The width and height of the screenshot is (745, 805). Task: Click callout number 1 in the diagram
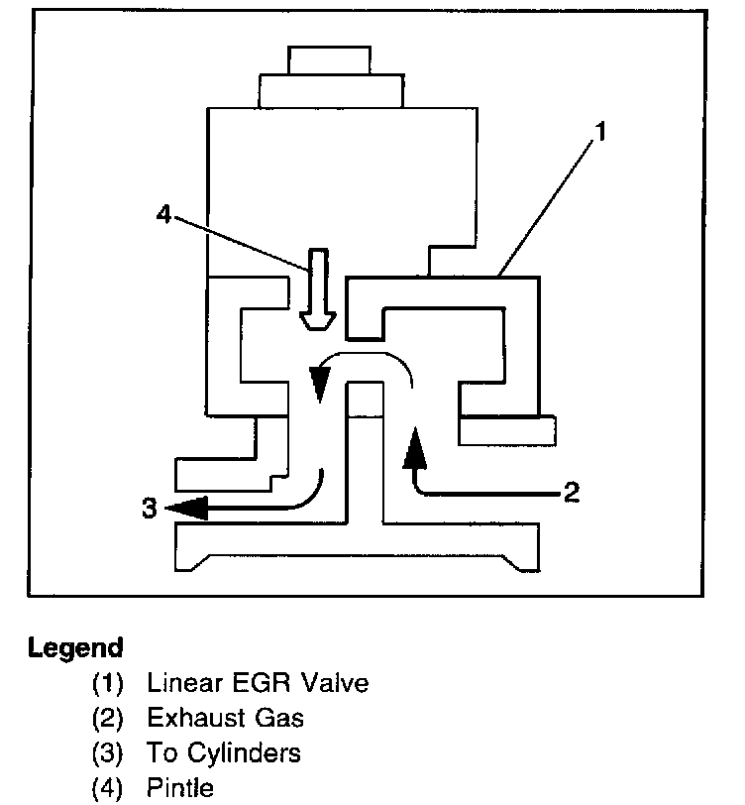click(x=600, y=129)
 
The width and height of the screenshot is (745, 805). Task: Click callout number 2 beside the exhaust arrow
click(x=571, y=492)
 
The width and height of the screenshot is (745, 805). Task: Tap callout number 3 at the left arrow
click(x=150, y=509)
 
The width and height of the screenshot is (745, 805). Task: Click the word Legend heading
click(x=76, y=649)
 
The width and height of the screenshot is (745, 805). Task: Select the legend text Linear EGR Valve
click(x=257, y=683)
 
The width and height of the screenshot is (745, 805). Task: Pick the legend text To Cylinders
click(x=223, y=753)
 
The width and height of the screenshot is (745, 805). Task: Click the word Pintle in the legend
click(x=179, y=789)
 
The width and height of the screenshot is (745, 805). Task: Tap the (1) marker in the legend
click(x=108, y=683)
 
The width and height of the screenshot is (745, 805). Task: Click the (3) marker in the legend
click(x=108, y=753)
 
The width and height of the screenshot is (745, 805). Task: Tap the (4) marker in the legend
click(x=108, y=789)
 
